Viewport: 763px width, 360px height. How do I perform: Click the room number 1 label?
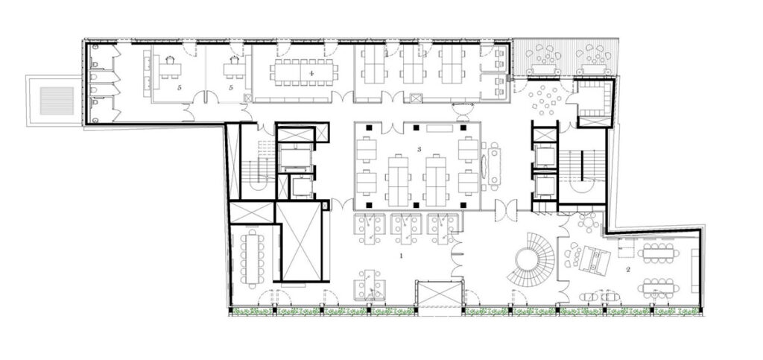click(402, 255)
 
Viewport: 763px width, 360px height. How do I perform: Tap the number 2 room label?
click(628, 270)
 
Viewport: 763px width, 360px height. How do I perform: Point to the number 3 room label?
click(419, 149)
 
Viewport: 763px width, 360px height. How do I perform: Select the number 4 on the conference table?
click(311, 73)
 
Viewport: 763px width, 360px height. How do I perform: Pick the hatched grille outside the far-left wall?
click(57, 101)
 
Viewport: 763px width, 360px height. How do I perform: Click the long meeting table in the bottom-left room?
click(252, 258)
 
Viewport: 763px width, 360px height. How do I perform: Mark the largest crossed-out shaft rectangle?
click(302, 241)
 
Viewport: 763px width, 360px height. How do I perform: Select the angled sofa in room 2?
click(594, 259)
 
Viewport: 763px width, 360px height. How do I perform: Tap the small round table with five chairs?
click(589, 222)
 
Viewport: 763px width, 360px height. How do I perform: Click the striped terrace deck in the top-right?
click(566, 57)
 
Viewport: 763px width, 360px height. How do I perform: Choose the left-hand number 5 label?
click(180, 88)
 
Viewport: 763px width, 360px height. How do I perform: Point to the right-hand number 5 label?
click(231, 88)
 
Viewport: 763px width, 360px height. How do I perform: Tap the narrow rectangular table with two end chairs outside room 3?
click(495, 165)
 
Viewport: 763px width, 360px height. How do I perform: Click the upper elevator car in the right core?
click(545, 156)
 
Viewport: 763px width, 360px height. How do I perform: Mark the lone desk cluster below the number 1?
click(369, 285)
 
